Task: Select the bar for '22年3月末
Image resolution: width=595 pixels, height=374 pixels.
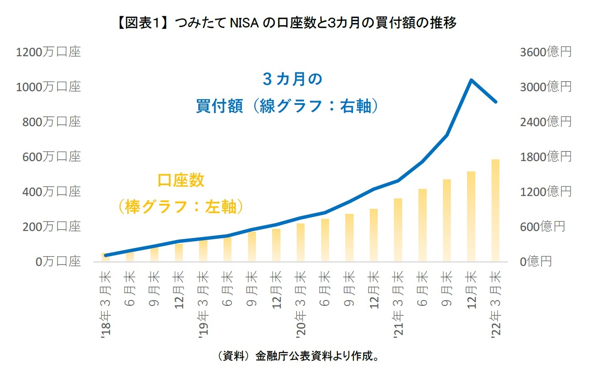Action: click(495, 210)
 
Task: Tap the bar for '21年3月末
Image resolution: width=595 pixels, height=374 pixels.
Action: click(398, 230)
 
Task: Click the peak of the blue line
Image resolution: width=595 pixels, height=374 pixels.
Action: click(471, 80)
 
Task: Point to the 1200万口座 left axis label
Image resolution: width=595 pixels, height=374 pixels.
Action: click(48, 52)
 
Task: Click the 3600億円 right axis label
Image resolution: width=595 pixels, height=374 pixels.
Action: click(546, 52)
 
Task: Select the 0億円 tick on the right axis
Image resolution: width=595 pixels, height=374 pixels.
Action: click(536, 262)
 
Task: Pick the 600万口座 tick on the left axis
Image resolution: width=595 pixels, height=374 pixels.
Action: click(52, 157)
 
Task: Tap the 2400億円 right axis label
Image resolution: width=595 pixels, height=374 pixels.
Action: click(546, 122)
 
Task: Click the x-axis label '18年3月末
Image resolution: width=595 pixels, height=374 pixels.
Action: click(106, 304)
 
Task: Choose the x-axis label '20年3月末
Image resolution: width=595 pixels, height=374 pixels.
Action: click(300, 304)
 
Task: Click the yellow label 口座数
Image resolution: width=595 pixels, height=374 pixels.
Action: click(181, 180)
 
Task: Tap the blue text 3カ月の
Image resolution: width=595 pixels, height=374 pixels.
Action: click(293, 79)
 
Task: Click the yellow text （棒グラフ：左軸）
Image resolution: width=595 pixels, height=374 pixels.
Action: click(181, 206)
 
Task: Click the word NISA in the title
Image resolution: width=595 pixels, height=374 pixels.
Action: click(244, 23)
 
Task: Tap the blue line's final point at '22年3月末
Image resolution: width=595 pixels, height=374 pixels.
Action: click(495, 102)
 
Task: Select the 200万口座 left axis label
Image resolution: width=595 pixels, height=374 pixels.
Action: click(52, 227)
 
